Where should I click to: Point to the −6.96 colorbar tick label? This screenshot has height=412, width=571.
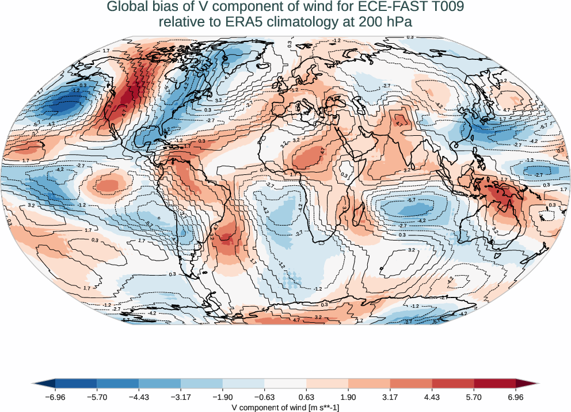tap(55, 396)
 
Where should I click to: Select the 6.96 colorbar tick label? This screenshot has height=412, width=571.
tap(515, 396)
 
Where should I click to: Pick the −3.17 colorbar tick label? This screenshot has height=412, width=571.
tap(181, 396)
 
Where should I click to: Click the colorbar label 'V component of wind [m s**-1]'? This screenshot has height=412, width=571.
tap(285, 406)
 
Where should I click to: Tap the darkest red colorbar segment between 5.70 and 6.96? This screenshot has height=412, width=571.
tap(494, 383)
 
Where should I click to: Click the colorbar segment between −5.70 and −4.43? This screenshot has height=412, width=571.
tap(118, 383)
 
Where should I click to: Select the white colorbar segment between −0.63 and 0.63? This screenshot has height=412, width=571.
tap(285, 383)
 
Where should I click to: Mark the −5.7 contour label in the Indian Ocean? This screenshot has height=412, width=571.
tap(411, 200)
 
